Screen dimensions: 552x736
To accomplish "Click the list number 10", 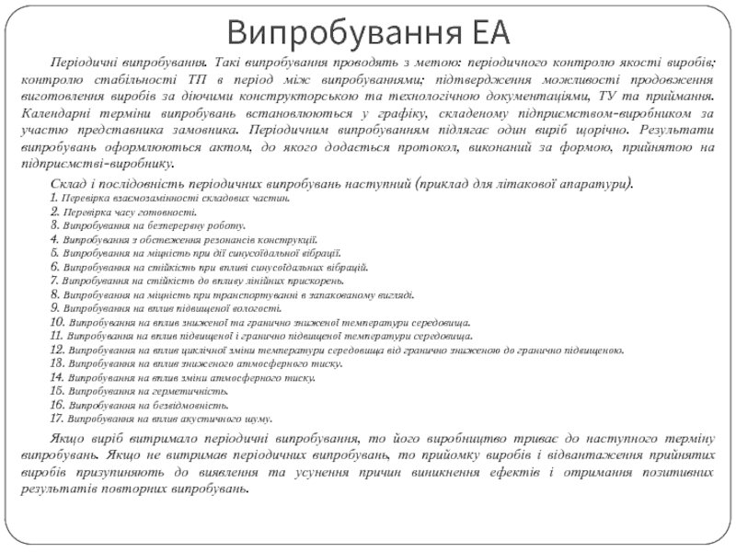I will point(56,322).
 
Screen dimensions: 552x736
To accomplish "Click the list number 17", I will point(56,419).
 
